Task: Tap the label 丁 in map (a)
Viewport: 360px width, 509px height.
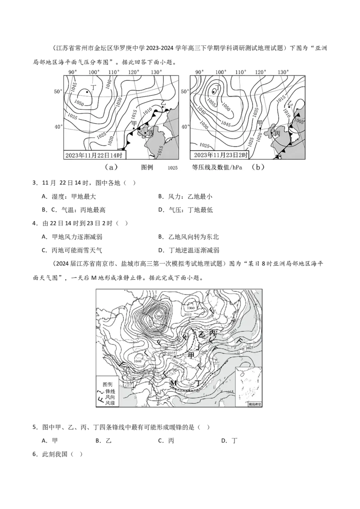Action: [94, 85]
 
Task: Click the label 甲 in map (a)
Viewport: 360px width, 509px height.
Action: [134, 123]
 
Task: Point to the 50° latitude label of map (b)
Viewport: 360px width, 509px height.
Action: [184, 91]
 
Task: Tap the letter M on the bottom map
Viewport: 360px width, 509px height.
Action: [173, 383]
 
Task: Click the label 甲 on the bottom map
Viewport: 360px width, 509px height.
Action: [192, 355]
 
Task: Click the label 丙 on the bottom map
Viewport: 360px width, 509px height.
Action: [213, 333]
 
